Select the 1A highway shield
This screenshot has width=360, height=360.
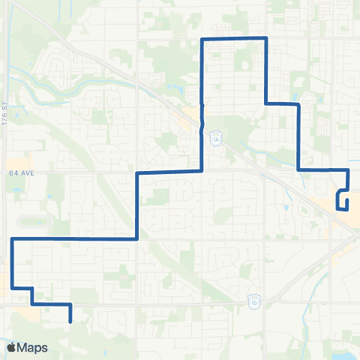[214, 139]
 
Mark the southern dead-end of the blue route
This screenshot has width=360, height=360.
[70, 321]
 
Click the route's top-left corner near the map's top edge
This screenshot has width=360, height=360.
[202, 38]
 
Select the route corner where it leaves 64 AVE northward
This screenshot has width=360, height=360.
[202, 171]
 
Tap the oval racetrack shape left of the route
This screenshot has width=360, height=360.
[30, 223]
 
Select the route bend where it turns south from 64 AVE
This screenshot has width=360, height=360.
[136, 172]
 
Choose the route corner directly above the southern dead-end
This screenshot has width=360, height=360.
[70, 304]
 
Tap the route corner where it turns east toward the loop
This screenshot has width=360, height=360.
[299, 170]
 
